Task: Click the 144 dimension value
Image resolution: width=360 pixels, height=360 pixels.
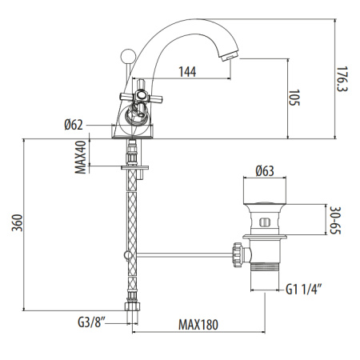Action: (x=186, y=72)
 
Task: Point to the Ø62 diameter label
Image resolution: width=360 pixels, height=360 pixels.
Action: (x=75, y=125)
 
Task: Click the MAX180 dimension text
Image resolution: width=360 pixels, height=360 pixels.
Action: (x=198, y=324)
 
